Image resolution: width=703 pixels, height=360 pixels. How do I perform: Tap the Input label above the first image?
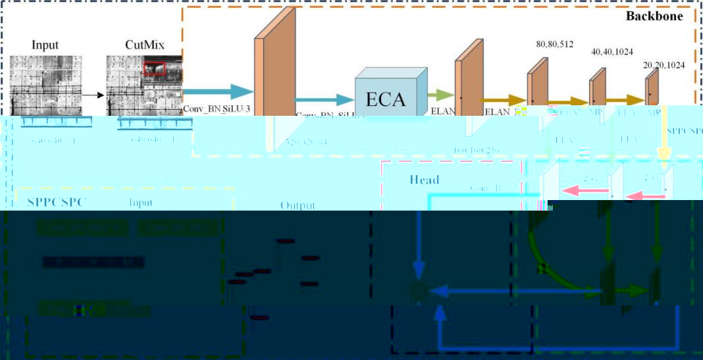[45, 45]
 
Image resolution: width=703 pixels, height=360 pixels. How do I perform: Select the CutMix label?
[144, 45]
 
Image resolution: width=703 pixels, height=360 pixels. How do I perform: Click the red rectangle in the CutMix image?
[155, 68]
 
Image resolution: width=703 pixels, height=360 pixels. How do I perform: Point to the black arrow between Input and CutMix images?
[96, 95]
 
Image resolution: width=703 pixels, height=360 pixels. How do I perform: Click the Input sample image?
[45, 85]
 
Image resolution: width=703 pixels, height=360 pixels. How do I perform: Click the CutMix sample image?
[144, 85]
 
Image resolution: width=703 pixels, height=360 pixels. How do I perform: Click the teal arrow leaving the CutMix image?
[217, 91]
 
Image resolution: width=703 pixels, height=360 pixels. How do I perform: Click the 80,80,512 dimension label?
[554, 45]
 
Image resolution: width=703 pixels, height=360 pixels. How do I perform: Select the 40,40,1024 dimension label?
[613, 51]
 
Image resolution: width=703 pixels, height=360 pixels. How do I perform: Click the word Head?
[424, 179]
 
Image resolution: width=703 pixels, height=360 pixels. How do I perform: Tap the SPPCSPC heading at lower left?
[57, 201]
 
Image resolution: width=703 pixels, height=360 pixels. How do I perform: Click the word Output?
[298, 205]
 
